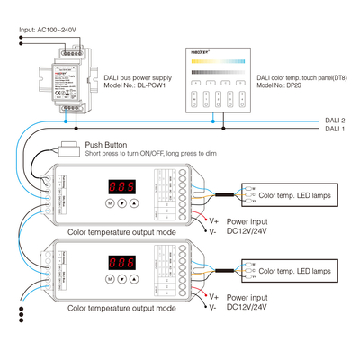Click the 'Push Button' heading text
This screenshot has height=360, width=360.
tap(106, 144)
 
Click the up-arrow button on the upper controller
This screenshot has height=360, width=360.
tap(136, 204)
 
